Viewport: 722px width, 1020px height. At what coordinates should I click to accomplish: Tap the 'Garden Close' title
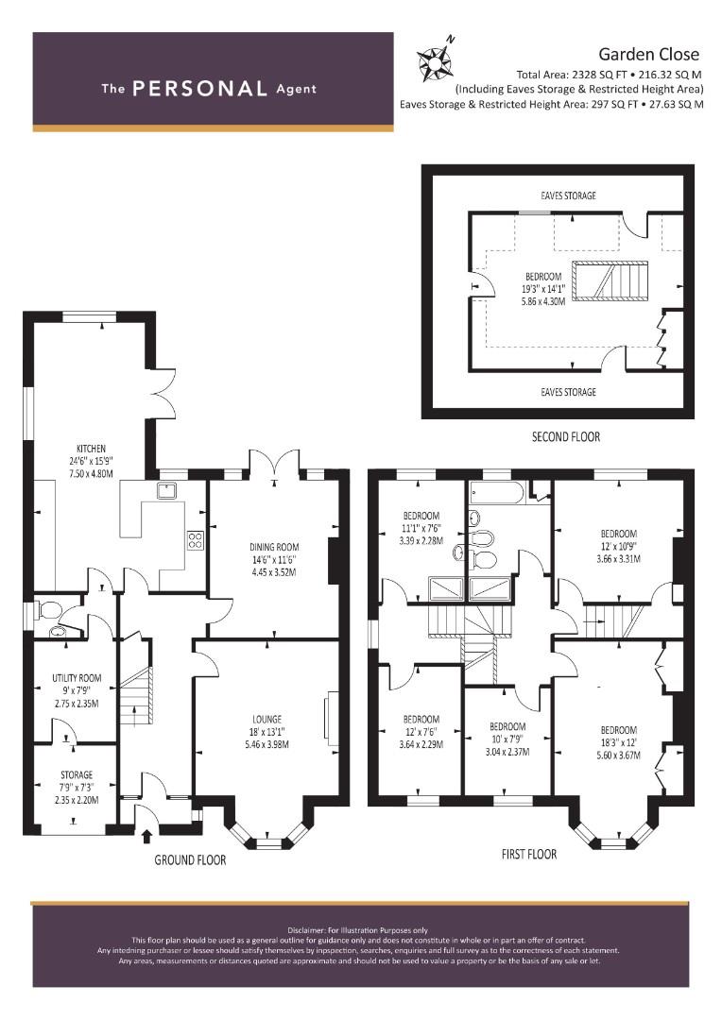(648, 55)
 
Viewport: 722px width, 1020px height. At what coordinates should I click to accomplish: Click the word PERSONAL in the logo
(199, 89)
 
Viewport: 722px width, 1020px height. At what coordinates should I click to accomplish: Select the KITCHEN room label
(91, 449)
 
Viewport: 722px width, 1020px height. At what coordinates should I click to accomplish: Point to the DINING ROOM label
(274, 547)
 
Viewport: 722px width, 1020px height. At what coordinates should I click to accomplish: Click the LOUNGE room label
(266, 720)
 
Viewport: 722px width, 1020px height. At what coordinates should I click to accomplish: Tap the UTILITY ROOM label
(77, 678)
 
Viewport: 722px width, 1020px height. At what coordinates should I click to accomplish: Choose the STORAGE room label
(77, 774)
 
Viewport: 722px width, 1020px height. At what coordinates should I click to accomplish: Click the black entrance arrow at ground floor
(146, 836)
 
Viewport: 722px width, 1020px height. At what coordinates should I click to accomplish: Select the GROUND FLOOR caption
(190, 860)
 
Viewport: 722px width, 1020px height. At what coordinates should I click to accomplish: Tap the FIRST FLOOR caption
(529, 854)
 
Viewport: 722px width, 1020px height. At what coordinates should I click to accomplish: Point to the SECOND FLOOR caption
(566, 436)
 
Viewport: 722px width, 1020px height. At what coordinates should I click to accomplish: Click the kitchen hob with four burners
(196, 539)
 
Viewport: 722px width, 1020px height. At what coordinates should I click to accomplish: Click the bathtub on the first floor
(497, 494)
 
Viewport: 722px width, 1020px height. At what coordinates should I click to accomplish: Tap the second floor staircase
(610, 280)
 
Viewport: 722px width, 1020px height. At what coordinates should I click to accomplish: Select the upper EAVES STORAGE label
(568, 195)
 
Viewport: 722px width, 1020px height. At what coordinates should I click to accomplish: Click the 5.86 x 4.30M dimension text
(543, 301)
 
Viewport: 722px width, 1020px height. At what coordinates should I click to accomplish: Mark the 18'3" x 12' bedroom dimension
(618, 742)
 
